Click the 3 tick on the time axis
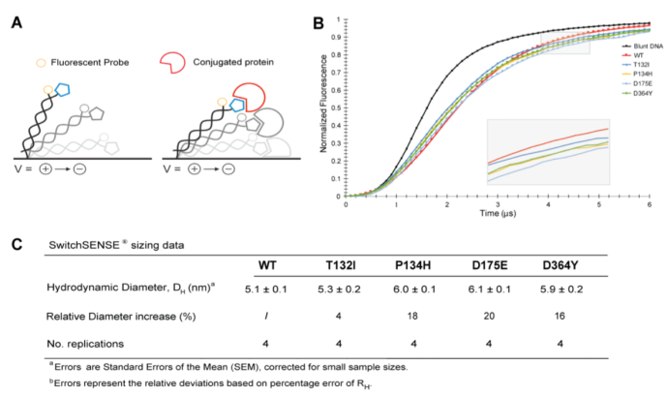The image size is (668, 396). (x=497, y=202)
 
